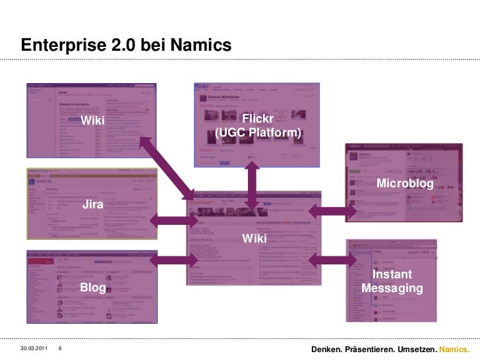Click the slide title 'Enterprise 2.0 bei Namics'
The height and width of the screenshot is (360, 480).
click(126, 45)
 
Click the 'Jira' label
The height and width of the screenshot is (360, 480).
click(93, 206)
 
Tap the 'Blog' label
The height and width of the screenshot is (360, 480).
click(93, 288)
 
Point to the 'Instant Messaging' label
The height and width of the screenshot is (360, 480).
click(392, 282)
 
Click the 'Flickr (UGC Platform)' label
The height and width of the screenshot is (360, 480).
click(258, 127)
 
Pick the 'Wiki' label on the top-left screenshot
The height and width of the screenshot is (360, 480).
click(93, 121)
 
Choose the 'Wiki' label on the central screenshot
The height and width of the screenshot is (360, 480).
click(255, 237)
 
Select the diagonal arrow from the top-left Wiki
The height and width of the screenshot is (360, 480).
click(167, 164)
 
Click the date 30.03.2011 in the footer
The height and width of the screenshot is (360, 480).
click(34, 348)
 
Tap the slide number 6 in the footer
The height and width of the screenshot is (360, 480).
click(61, 348)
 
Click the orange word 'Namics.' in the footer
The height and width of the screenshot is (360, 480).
click(454, 348)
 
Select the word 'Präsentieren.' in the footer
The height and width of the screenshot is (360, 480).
click(373, 348)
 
